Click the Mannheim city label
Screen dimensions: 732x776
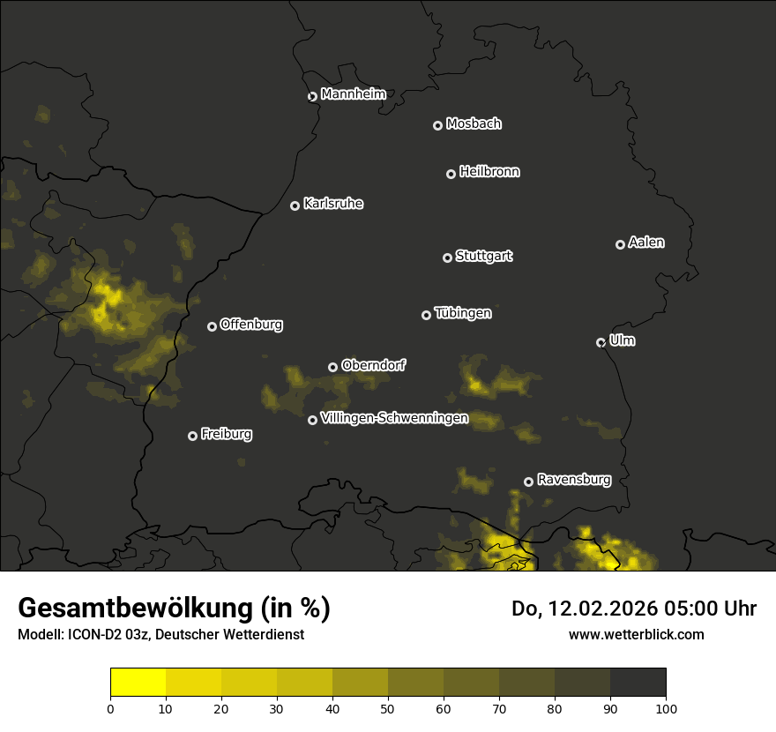[x=353, y=94]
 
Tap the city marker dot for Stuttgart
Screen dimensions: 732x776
[x=447, y=258]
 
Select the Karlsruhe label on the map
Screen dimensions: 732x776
[x=332, y=204]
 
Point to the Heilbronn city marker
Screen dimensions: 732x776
[x=451, y=174]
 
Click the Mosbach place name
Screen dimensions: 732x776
[x=473, y=124]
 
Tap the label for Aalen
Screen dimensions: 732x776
[x=646, y=243]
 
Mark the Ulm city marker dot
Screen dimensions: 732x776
[x=601, y=342]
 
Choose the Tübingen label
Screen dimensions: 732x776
[x=462, y=313]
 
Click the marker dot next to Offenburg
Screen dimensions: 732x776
[x=212, y=326]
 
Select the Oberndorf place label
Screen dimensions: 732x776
[x=373, y=365]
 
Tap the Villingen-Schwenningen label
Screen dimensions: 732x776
[x=394, y=418]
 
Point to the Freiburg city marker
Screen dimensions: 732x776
[x=192, y=436]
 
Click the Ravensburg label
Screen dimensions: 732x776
[x=573, y=480]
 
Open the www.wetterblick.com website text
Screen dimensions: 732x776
[x=636, y=634]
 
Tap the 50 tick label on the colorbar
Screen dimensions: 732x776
[x=388, y=708]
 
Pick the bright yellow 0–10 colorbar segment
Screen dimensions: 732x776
[x=138, y=683]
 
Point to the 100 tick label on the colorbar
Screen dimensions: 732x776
[x=665, y=708]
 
